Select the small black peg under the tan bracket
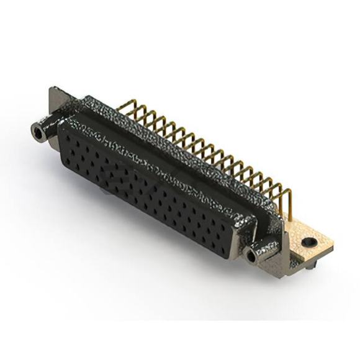tap(308, 265)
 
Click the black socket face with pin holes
tap(149, 186)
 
